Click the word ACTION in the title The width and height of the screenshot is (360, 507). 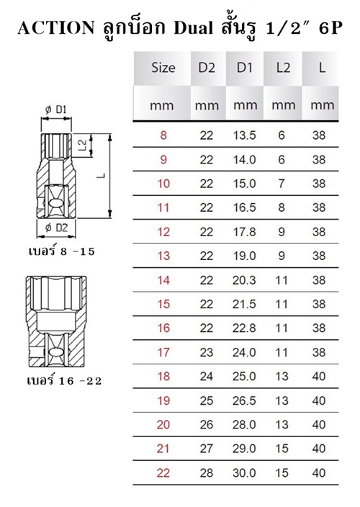point(56,28)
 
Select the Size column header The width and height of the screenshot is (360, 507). point(163,68)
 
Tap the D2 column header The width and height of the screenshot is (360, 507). point(207,68)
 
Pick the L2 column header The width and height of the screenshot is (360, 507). point(283,68)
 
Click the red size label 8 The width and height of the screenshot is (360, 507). point(163,135)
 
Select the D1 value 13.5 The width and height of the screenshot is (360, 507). point(245,135)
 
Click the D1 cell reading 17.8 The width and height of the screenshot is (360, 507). point(245,232)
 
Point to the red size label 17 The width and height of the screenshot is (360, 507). point(163,352)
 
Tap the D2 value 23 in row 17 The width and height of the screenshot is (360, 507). point(207,352)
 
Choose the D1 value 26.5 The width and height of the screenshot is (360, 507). point(245,400)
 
